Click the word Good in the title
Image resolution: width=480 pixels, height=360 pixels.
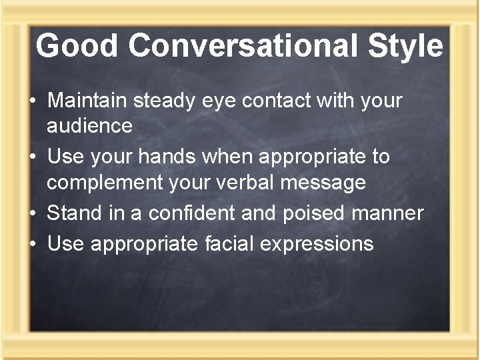77,46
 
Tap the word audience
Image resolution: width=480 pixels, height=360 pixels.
89,125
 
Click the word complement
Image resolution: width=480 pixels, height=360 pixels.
105,182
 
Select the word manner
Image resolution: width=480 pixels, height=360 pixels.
392,214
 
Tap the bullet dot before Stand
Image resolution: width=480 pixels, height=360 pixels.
32,214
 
